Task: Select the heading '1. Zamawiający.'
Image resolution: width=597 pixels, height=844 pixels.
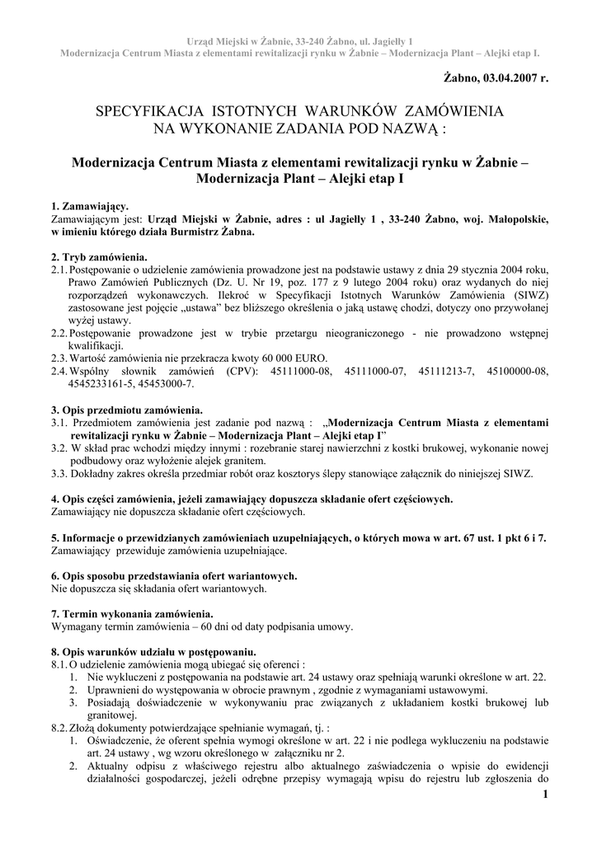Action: pos(90,206)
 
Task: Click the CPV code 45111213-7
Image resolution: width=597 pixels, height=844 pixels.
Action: pos(445,372)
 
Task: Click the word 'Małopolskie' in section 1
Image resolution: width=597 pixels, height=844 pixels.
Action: pos(516,219)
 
